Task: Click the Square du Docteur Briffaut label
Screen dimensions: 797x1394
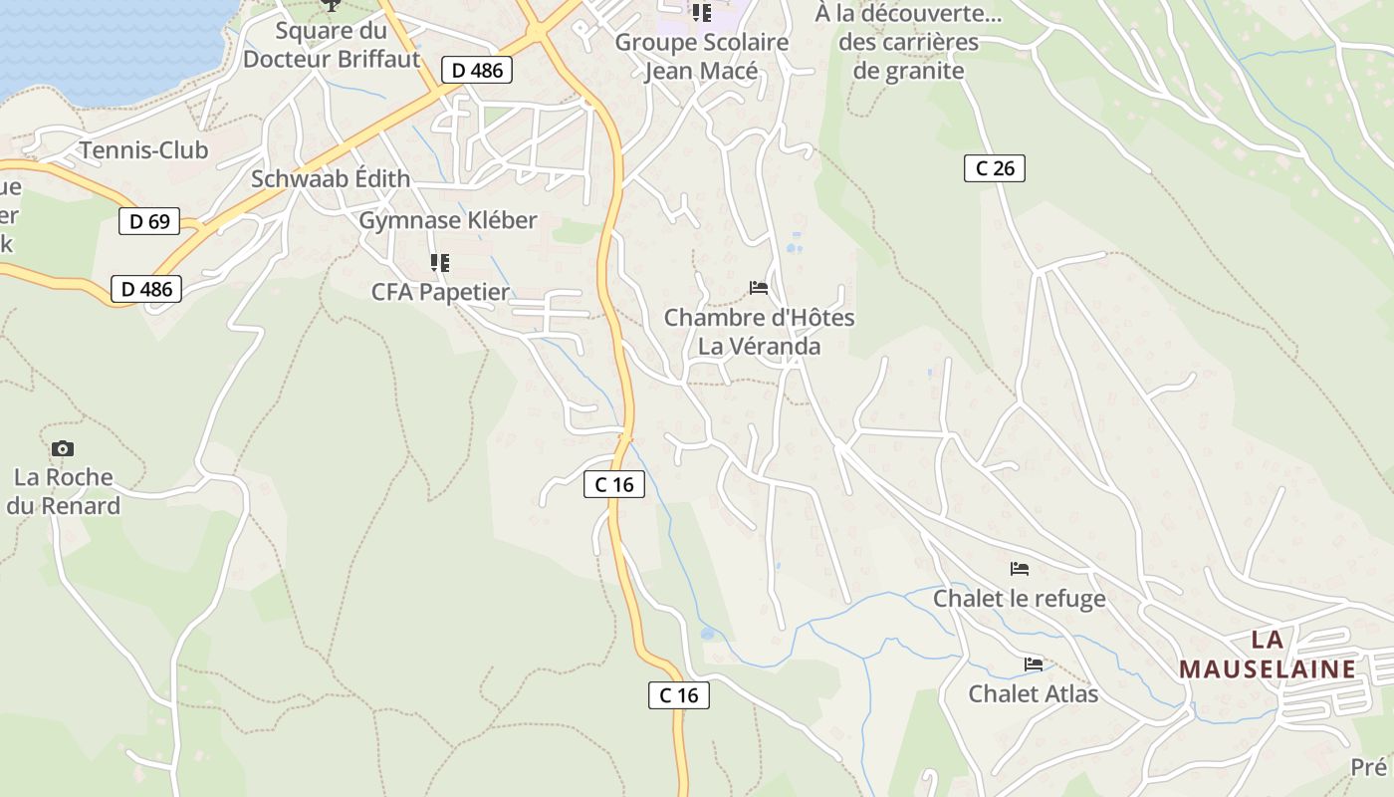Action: [x=332, y=45]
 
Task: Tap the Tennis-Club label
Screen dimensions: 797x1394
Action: [x=143, y=150]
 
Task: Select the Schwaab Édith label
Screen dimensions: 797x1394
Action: [x=331, y=179]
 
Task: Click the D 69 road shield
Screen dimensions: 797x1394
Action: [x=149, y=221]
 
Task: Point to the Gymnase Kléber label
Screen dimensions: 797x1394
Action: [x=448, y=220]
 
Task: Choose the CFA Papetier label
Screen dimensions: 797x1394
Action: [x=440, y=292]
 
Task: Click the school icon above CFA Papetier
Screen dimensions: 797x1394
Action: [x=439, y=263]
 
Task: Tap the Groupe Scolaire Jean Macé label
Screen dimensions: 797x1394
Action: [x=702, y=57]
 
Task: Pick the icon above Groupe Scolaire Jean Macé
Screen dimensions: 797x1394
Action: [x=702, y=13]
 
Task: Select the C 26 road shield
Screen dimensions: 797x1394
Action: [x=995, y=168]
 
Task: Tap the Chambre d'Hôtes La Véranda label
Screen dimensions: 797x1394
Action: [x=759, y=332]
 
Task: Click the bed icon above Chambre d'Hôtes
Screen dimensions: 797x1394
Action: [x=759, y=288]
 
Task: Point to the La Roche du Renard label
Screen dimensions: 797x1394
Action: [x=64, y=491]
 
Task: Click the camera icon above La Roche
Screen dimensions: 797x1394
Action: [x=63, y=449]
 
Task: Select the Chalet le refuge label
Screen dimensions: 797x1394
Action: [x=1019, y=598]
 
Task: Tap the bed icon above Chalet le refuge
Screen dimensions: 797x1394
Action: [x=1020, y=569]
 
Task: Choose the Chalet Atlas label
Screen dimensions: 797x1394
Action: [x=1033, y=693]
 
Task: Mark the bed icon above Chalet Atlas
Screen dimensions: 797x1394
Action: [x=1034, y=664]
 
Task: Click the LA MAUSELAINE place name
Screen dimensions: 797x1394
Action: [x=1268, y=655]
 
